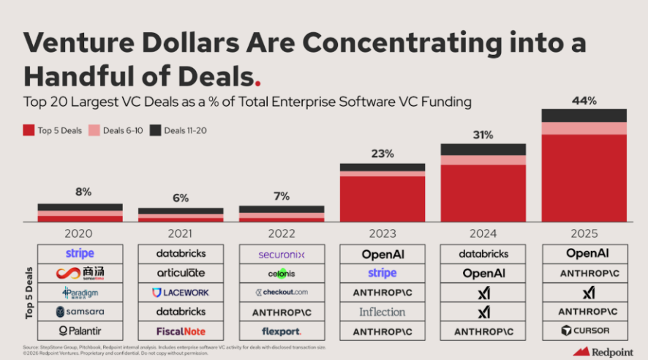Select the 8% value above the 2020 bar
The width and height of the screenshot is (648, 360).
83,192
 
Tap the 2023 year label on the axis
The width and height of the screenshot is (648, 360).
383,233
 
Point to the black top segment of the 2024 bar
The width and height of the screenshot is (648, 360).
483,149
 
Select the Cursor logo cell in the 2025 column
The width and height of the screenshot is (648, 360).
584,331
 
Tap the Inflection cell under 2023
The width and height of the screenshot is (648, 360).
383,312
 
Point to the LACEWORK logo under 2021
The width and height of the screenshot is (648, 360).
181,292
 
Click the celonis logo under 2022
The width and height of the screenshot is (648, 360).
282,273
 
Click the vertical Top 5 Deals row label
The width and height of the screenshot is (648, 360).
29,293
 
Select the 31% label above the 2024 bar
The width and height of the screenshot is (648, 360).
483,135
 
